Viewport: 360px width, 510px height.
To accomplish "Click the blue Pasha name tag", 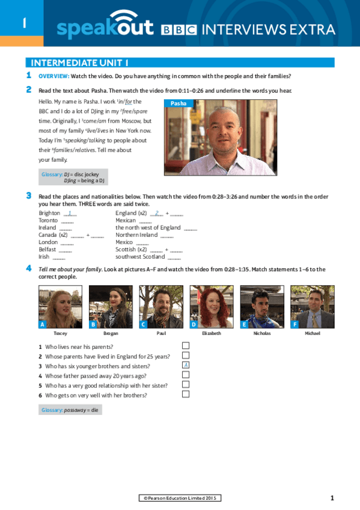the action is coord(178,103).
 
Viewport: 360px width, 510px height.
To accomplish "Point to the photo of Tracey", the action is coord(60,306).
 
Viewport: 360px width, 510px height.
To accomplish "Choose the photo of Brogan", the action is coord(111,306).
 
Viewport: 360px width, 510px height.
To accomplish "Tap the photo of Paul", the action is coord(161,306).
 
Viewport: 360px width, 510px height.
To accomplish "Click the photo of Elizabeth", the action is coord(212,306).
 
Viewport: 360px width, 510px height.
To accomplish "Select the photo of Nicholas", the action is coord(262,306).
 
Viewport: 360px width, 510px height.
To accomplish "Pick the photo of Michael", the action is coord(313,306).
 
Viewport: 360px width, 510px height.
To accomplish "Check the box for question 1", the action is coord(186,345).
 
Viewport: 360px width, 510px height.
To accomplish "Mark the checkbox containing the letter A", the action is coord(186,365).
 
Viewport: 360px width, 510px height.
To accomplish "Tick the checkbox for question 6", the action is coord(186,394).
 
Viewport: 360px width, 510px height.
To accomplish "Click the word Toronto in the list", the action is coord(48,221).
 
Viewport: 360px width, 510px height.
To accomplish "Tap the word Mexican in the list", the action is coord(126,221).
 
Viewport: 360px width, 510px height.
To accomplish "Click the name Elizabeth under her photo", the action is coord(212,333).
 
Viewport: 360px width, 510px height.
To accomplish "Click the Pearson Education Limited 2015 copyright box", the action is coord(180,497).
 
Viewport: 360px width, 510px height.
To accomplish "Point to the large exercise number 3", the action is coord(29,195).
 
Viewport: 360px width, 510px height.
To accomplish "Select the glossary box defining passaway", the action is coord(70,410).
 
